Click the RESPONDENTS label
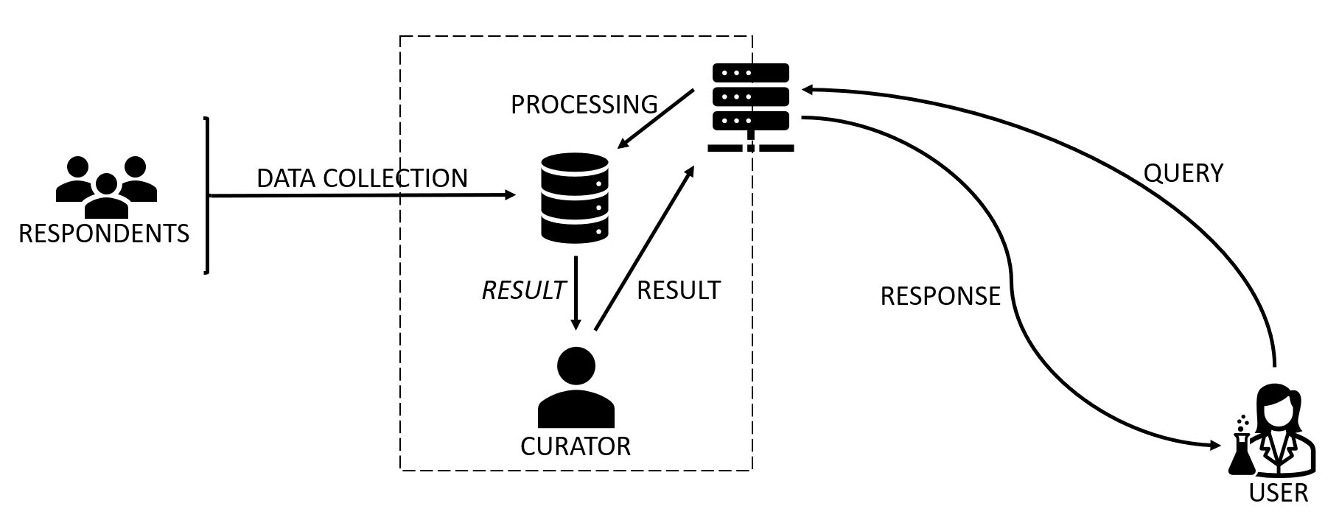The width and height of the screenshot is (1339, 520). pos(104,233)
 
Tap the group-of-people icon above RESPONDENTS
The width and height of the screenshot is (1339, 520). pos(106,185)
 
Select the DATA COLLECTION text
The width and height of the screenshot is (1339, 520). pos(362,178)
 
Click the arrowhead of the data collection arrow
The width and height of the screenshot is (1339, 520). pos(510,194)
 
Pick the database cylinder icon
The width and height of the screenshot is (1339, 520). pos(575,197)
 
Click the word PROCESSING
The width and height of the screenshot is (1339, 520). pos(584,105)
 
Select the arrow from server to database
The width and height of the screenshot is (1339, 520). pos(656,119)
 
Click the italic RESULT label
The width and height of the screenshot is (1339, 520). pos(523,290)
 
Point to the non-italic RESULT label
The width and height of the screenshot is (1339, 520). pos(678,290)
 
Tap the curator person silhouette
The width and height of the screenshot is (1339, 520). pos(576,388)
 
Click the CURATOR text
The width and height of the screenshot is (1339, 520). pos(575,446)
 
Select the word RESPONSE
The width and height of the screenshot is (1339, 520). pos(940,296)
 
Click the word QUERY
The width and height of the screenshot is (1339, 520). pos(1183,173)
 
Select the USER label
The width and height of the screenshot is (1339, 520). pos(1278,493)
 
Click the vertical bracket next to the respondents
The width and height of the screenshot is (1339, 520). pos(207,195)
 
